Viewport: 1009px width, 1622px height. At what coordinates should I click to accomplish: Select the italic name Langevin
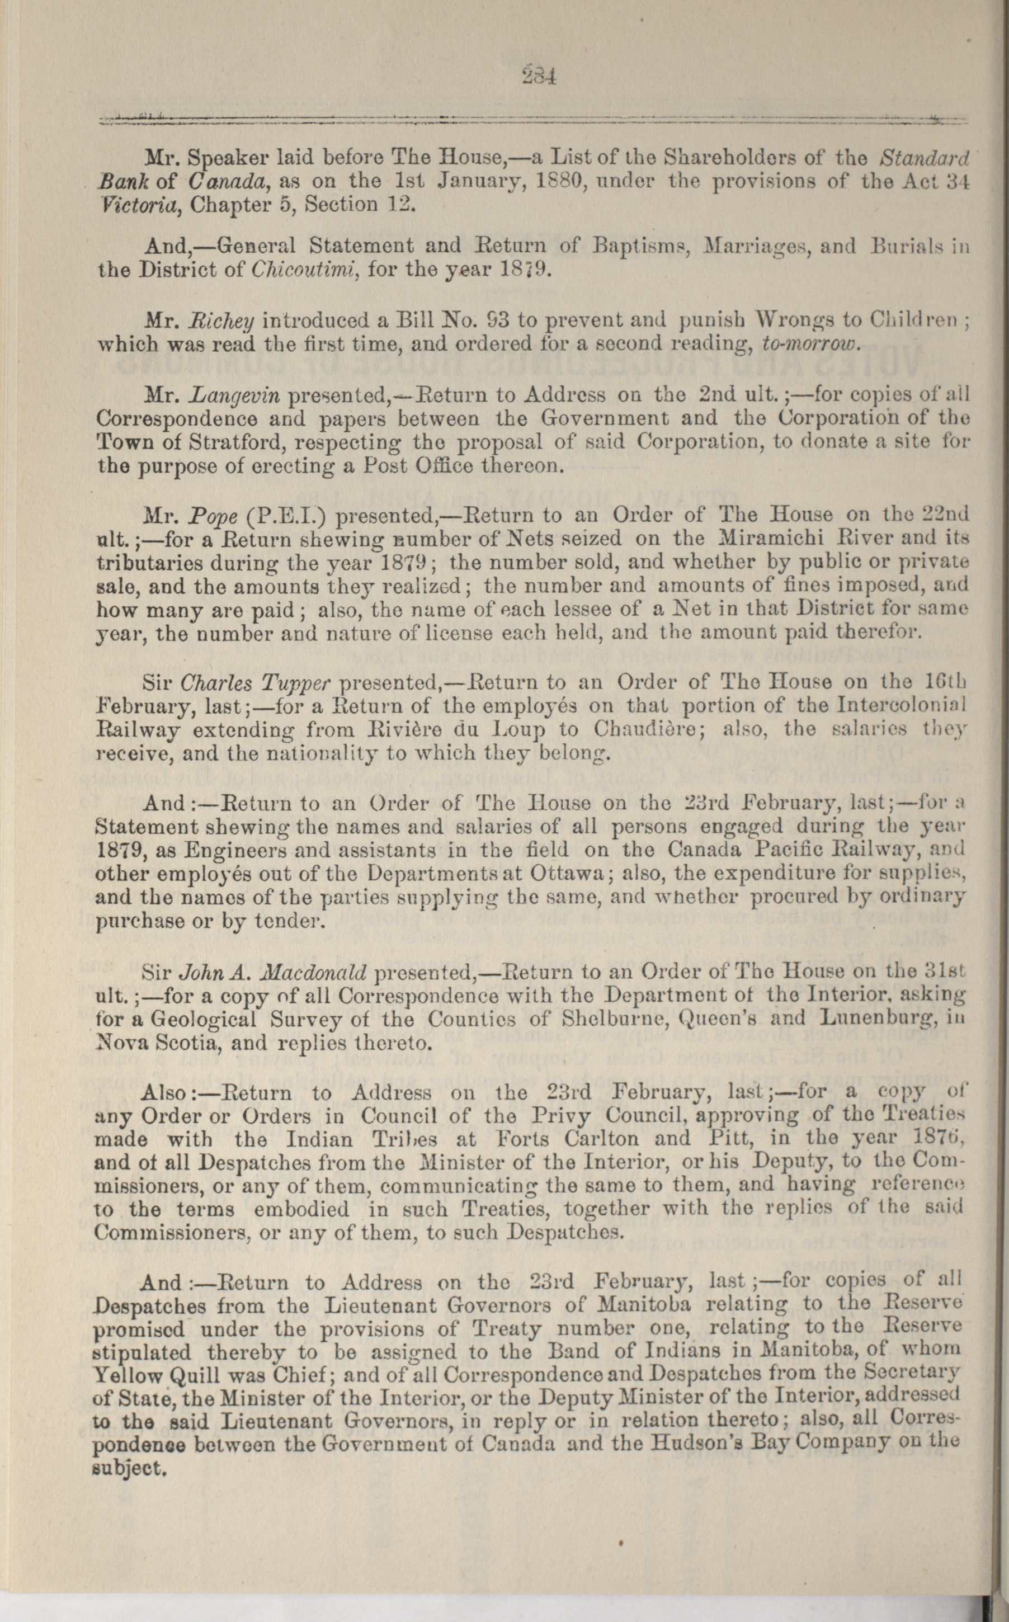coord(232,395)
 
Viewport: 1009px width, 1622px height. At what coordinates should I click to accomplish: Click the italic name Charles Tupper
coord(256,682)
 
